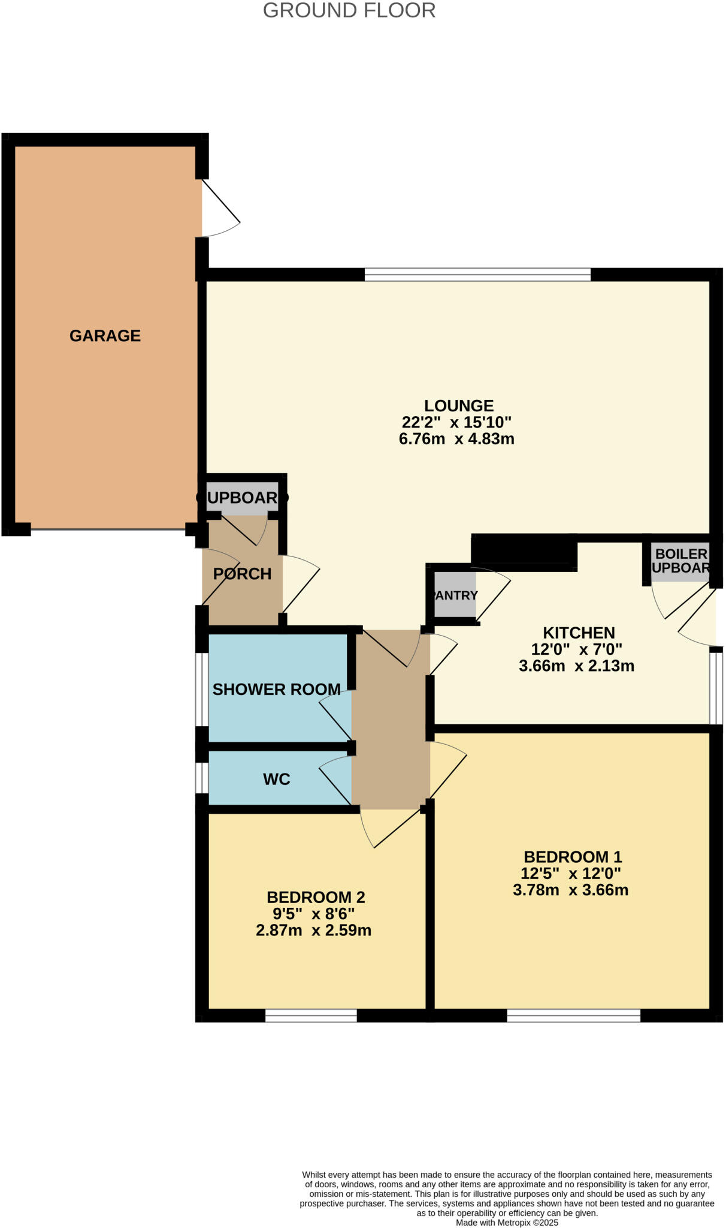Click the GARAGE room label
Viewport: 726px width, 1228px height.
(105, 336)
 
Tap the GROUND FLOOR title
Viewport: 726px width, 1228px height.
(349, 11)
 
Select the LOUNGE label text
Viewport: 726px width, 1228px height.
(459, 406)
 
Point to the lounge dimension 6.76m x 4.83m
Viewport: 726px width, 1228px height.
(456, 439)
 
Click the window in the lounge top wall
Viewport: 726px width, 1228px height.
(477, 275)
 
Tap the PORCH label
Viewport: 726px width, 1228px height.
(243, 574)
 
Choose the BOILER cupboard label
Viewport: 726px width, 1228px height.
(681, 553)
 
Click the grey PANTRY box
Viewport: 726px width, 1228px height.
(455, 595)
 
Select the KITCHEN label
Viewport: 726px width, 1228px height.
(579, 633)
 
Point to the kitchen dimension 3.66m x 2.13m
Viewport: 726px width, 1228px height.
(576, 666)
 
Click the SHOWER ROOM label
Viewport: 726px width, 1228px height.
(276, 690)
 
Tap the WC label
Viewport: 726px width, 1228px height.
(276, 779)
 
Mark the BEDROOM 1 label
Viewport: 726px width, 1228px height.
(573, 857)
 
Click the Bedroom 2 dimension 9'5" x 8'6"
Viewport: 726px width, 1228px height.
(313, 914)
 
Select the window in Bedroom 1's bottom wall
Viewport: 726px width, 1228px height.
(573, 1016)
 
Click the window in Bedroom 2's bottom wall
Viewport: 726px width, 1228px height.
(311, 1016)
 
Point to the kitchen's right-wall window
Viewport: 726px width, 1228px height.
(716, 688)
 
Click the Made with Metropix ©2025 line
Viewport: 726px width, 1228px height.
(507, 1222)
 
